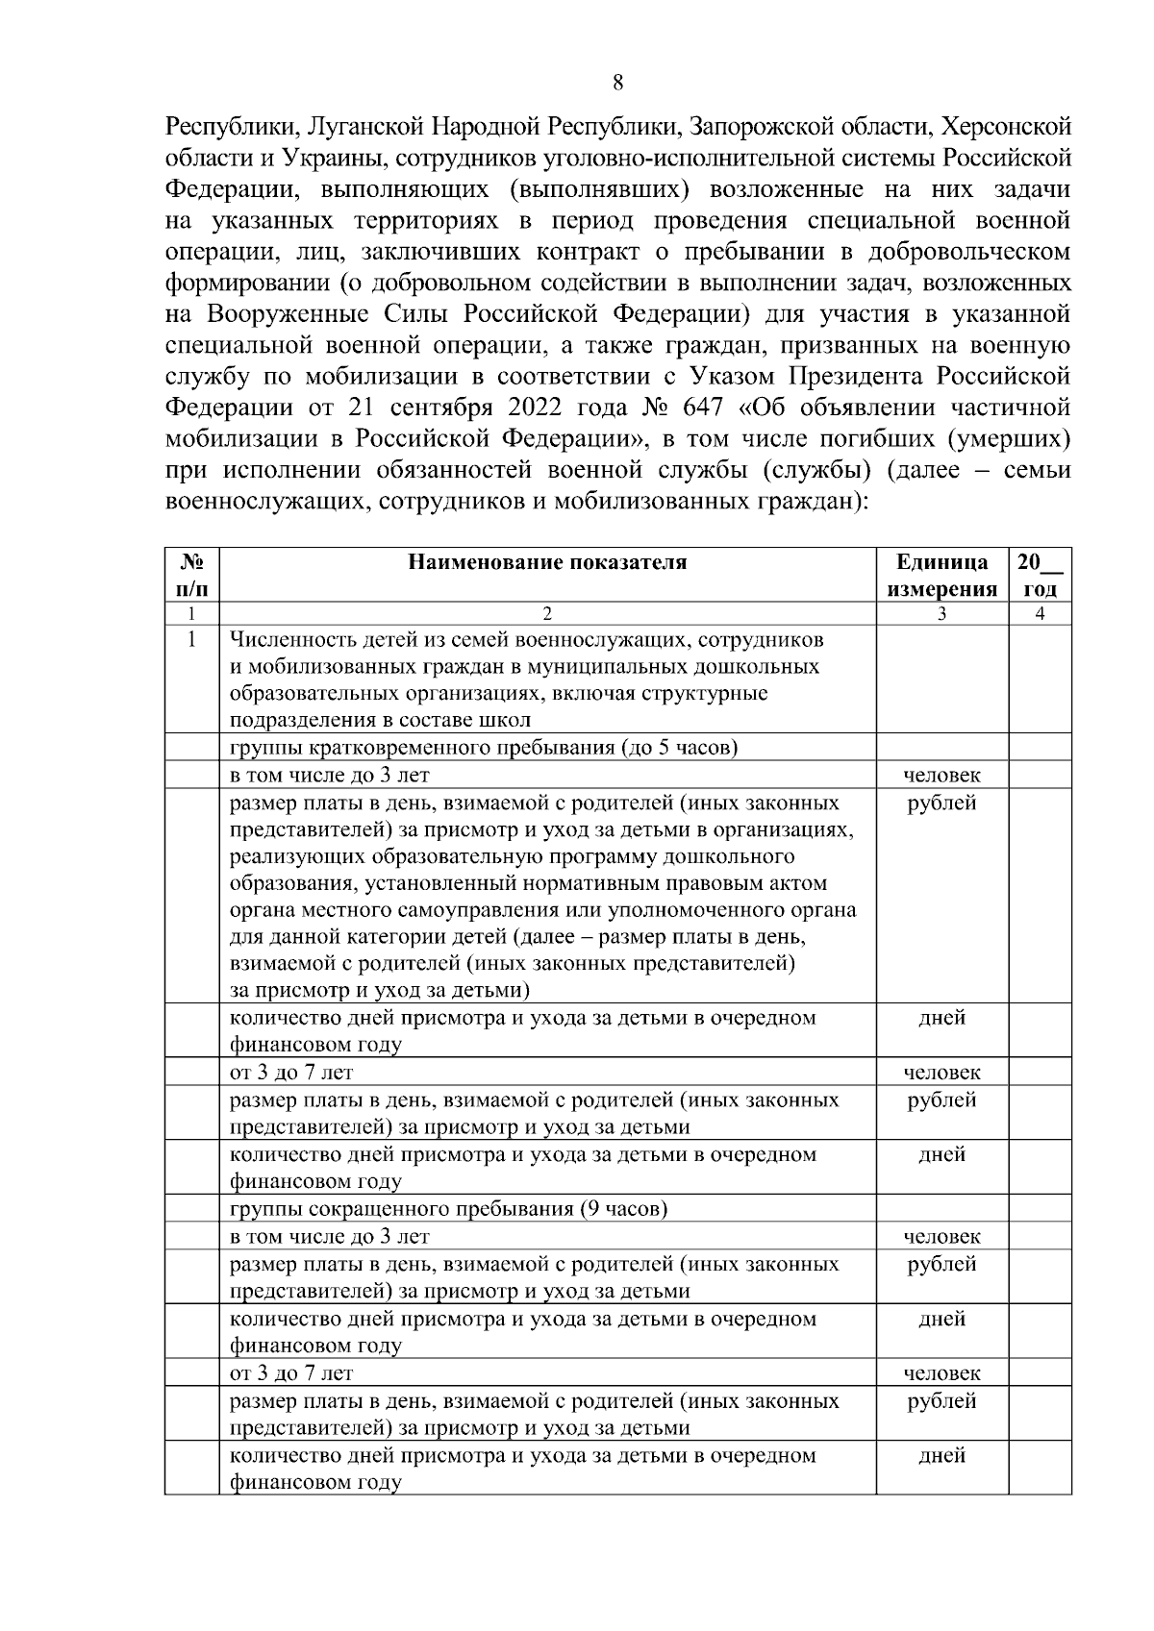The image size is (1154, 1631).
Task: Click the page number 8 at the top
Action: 617,83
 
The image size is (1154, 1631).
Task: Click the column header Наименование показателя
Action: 547,563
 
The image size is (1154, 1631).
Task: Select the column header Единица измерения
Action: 941,576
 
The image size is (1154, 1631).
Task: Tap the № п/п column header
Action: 192,576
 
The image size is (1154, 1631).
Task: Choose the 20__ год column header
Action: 1040,576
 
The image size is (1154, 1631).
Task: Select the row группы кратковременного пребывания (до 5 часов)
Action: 483,748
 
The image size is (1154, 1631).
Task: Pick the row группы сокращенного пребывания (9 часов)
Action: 448,1209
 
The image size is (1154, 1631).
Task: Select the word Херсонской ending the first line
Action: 1005,127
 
